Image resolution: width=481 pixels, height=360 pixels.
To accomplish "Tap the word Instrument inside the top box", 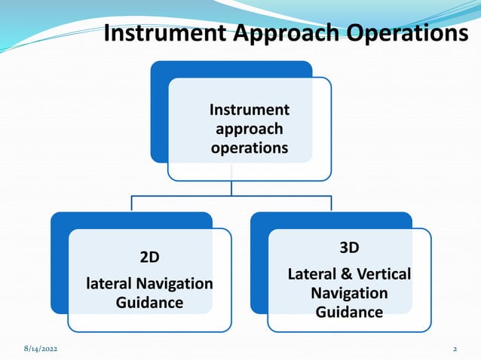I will coord(249,110).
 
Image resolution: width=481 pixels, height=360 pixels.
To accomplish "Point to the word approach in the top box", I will coord(249,129).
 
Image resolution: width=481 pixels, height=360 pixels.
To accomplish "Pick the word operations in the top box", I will coord(249,148).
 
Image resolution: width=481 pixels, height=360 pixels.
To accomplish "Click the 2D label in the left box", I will coord(149,257).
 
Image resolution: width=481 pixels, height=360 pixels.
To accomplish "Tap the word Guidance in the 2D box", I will coord(149,303).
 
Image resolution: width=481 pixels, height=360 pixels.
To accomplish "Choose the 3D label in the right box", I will coord(349,249).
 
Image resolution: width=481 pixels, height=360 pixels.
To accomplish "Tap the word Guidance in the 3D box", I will coord(349,312).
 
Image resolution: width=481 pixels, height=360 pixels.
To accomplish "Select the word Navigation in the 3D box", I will coord(349,293).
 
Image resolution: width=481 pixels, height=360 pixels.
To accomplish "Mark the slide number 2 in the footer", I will coord(455,350).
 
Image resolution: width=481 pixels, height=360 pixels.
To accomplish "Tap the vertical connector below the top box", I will coord(231,188).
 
